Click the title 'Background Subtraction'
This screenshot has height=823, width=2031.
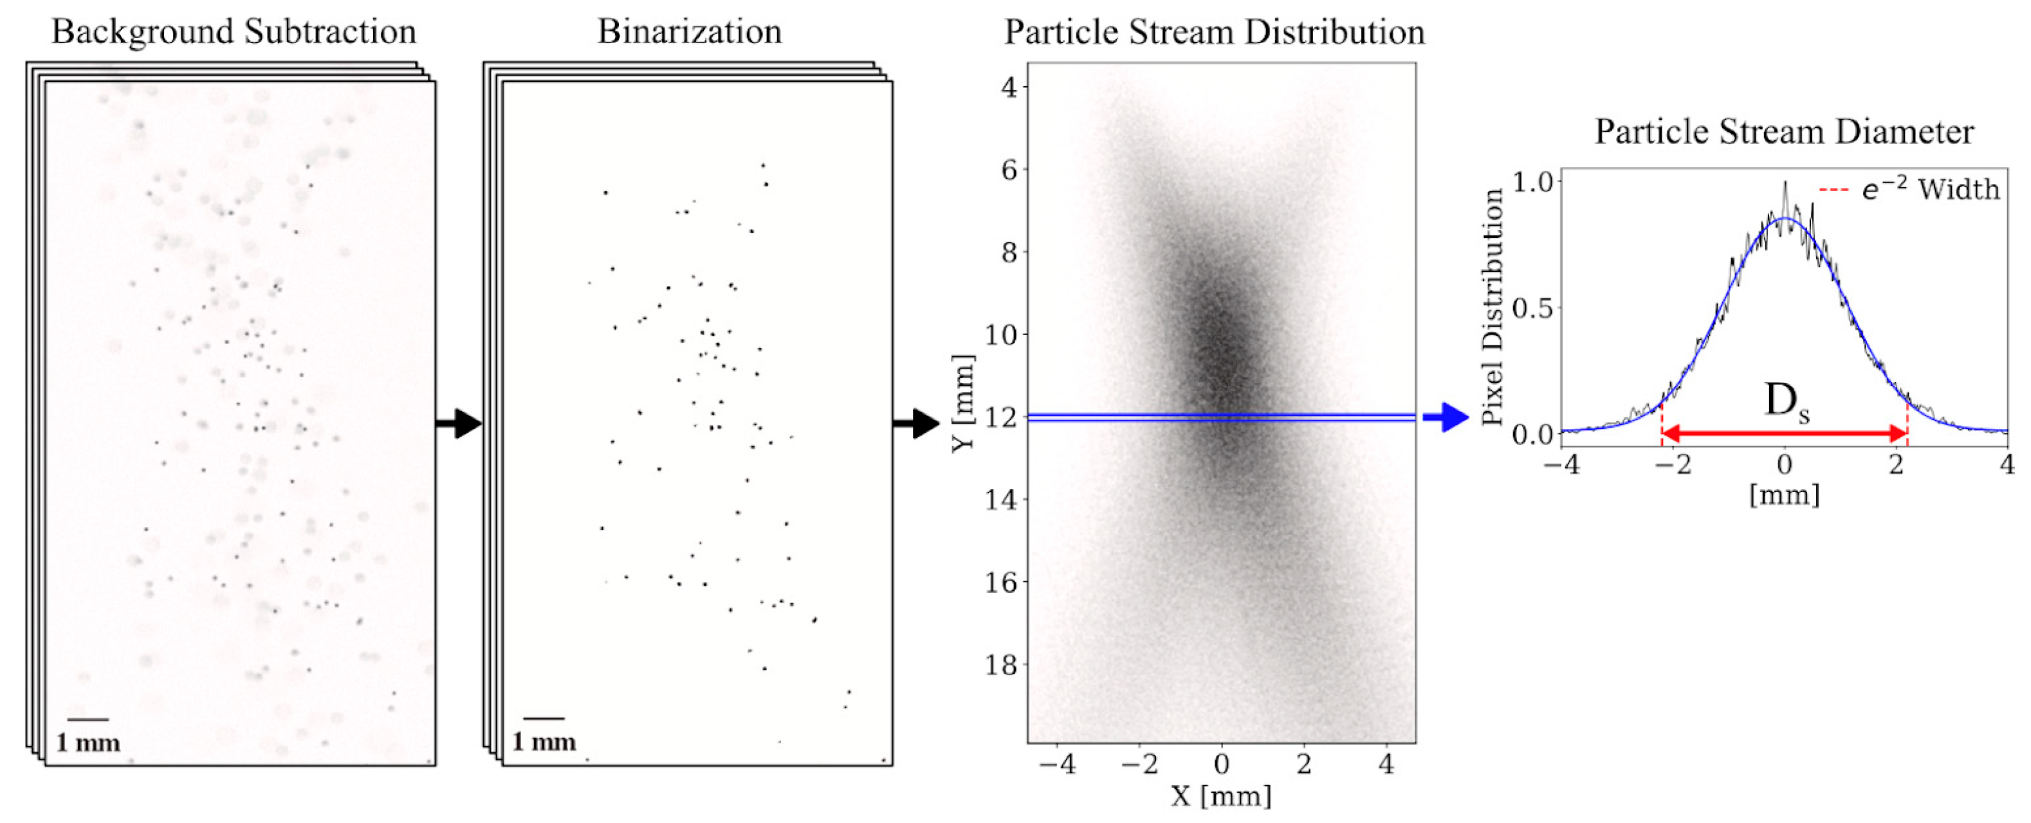(x=234, y=32)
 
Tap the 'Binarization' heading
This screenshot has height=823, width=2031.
(x=689, y=32)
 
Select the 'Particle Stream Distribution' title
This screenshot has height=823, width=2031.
(x=1214, y=32)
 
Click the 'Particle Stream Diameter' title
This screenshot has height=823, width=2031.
(x=1783, y=132)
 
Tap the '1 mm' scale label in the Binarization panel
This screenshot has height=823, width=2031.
(x=544, y=742)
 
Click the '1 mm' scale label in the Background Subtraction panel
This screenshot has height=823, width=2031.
(x=87, y=743)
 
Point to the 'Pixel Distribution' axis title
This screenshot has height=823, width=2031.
(x=1493, y=307)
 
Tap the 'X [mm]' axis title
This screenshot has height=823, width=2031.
(x=1220, y=796)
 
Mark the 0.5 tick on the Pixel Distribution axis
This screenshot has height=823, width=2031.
(x=1532, y=308)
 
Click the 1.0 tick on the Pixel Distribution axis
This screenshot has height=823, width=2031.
(x=1532, y=182)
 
